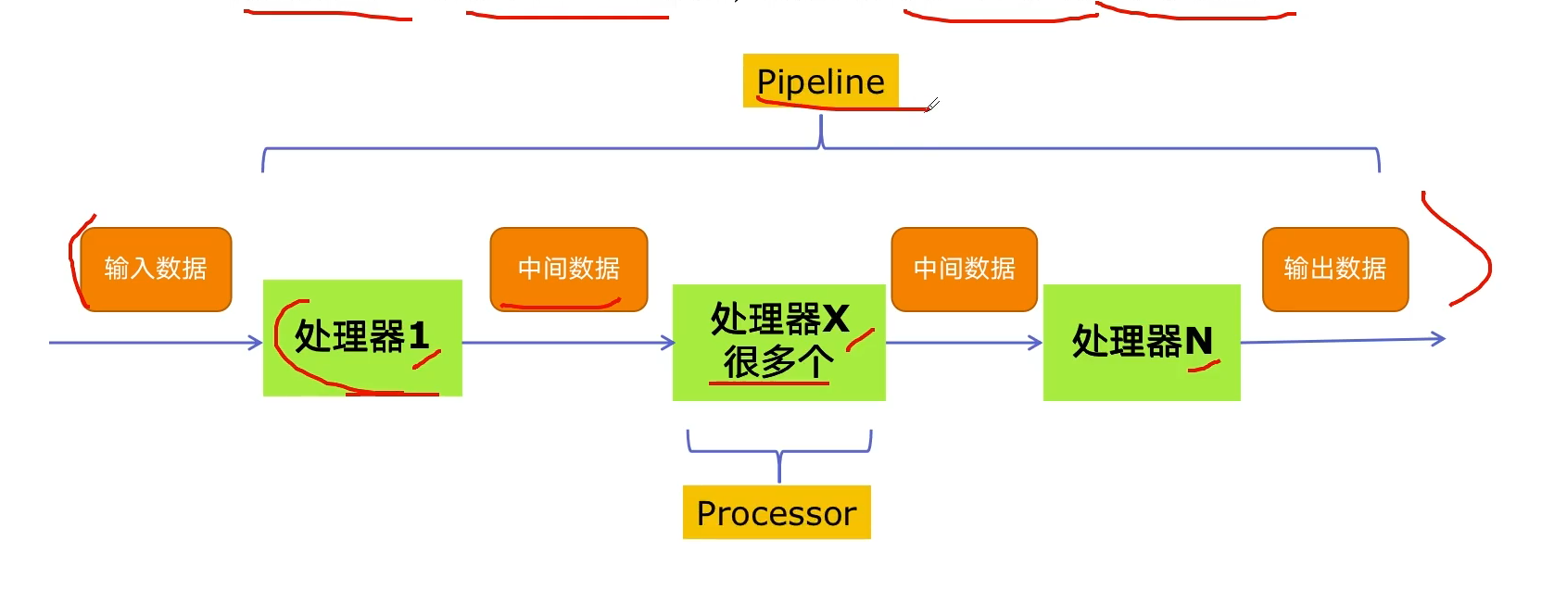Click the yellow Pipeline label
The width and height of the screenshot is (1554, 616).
point(821,81)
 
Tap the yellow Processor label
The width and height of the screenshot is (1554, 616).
point(777,512)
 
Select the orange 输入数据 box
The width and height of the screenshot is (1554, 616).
point(156,270)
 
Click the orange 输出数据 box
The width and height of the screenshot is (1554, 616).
point(1335,270)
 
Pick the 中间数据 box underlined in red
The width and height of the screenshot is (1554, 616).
point(569,270)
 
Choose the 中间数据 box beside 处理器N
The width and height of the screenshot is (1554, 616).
point(965,270)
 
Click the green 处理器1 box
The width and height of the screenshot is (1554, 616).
point(363,338)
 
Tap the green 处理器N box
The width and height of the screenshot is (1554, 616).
point(1142,342)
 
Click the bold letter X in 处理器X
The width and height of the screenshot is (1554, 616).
point(835,319)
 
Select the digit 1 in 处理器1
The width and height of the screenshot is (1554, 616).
point(419,336)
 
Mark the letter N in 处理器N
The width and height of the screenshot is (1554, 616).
point(1199,341)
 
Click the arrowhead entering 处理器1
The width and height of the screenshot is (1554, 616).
point(256,342)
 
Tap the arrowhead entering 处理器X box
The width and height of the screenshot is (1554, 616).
point(667,342)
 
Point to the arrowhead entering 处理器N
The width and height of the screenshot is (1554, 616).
point(1035,342)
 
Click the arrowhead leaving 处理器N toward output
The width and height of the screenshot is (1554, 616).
point(1438,338)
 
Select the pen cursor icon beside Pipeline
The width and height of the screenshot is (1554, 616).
point(932,105)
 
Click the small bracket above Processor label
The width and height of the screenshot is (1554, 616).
point(779,452)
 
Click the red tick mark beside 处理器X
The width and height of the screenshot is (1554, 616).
point(860,339)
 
